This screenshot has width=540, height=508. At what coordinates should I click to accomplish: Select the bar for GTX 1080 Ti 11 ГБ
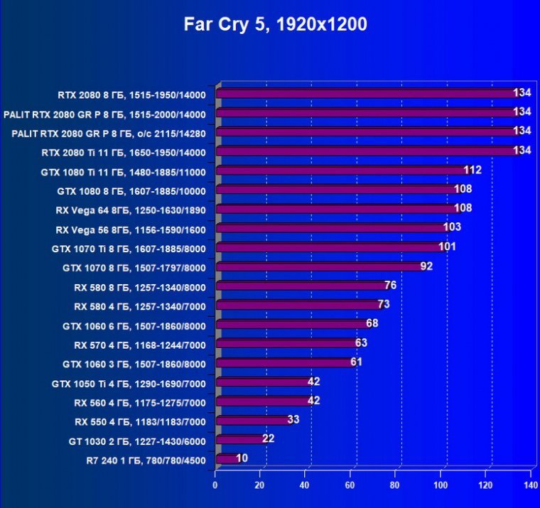pos(341,171)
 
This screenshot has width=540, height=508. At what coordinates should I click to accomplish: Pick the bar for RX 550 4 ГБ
pos(252,420)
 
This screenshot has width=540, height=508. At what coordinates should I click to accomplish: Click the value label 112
pos(472,170)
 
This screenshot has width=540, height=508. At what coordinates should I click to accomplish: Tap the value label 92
pos(426,266)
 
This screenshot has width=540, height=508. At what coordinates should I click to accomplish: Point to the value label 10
pos(242,458)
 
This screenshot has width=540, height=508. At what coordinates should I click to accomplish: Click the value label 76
pos(390,286)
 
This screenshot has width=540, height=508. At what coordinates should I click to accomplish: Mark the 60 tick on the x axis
pos(350,485)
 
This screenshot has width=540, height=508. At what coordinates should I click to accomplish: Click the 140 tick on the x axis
pos(530,485)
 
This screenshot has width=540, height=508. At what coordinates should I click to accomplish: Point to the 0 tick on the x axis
pos(215,485)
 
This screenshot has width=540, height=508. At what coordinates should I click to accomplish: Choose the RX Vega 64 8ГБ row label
pos(130,210)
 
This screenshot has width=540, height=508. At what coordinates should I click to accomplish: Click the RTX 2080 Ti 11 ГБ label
pos(123,152)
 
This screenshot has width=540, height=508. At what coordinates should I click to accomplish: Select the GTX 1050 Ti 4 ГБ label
pos(129,383)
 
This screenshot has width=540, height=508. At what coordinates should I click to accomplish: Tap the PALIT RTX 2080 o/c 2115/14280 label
pos(109,133)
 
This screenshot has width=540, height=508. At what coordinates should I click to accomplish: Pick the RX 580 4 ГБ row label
pos(139,306)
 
